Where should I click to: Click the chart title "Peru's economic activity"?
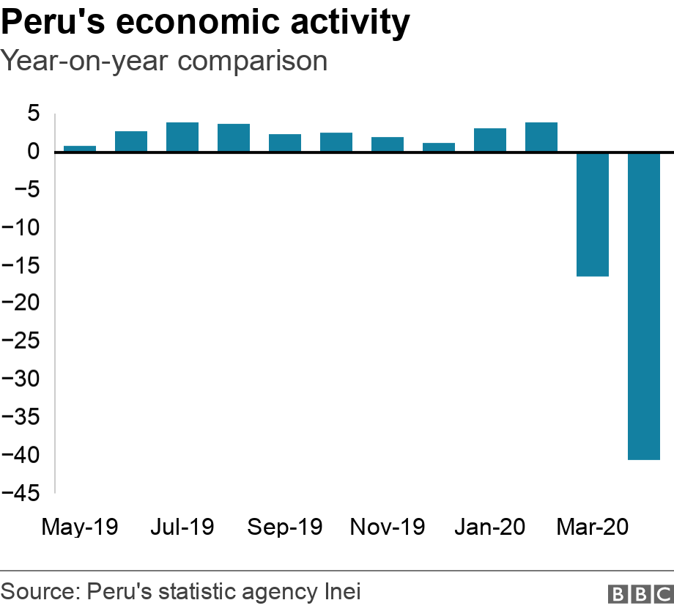206,23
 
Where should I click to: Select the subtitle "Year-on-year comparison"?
164,61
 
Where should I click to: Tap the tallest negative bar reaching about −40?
644,306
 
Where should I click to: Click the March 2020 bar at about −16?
593,214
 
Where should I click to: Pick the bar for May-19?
80,149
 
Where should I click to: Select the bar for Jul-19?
182,137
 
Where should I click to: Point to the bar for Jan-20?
490,140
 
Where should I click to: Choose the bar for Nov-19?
388,144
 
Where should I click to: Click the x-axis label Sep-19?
285,527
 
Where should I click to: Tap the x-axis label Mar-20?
593,527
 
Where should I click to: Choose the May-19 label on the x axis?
80,527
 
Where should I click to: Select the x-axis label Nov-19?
388,527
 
